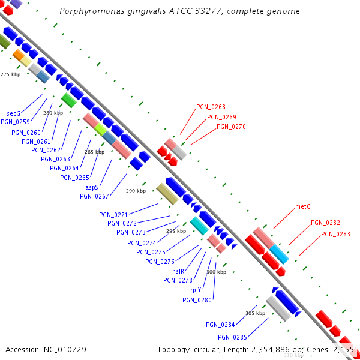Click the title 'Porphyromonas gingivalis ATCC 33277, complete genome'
coord(180,11)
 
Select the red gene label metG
coord(303,207)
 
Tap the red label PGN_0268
coord(211,107)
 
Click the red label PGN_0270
coord(231,127)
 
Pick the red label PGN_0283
coord(335,234)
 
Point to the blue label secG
coord(14,113)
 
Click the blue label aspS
coord(92,188)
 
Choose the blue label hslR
coord(178,271)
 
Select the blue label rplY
coord(196,290)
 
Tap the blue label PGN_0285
coord(232,337)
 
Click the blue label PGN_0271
coord(113,215)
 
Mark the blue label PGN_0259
coord(15,122)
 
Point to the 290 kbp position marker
coord(136,191)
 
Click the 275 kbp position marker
coord(11,74)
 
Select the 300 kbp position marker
coord(216,272)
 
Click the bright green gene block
coord(68,100)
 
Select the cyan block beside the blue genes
coord(199,226)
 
